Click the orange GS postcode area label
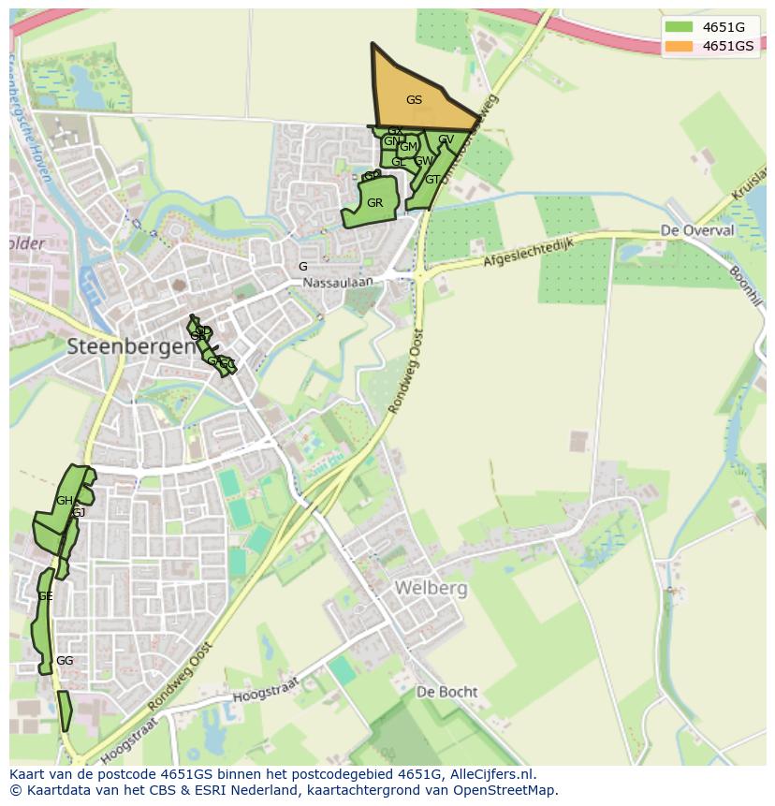[x=414, y=100]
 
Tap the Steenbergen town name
[x=131, y=345]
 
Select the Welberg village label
[x=431, y=588]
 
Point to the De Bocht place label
[x=446, y=693]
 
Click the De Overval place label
[x=694, y=230]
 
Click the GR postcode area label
[x=374, y=203]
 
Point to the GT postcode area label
[x=431, y=180]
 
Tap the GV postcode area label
[x=446, y=140]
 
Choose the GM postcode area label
[x=408, y=147]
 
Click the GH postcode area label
[x=64, y=501]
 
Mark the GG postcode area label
[x=65, y=661]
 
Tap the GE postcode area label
[x=45, y=596]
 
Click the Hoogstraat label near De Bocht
[x=265, y=691]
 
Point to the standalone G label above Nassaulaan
[x=302, y=267]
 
